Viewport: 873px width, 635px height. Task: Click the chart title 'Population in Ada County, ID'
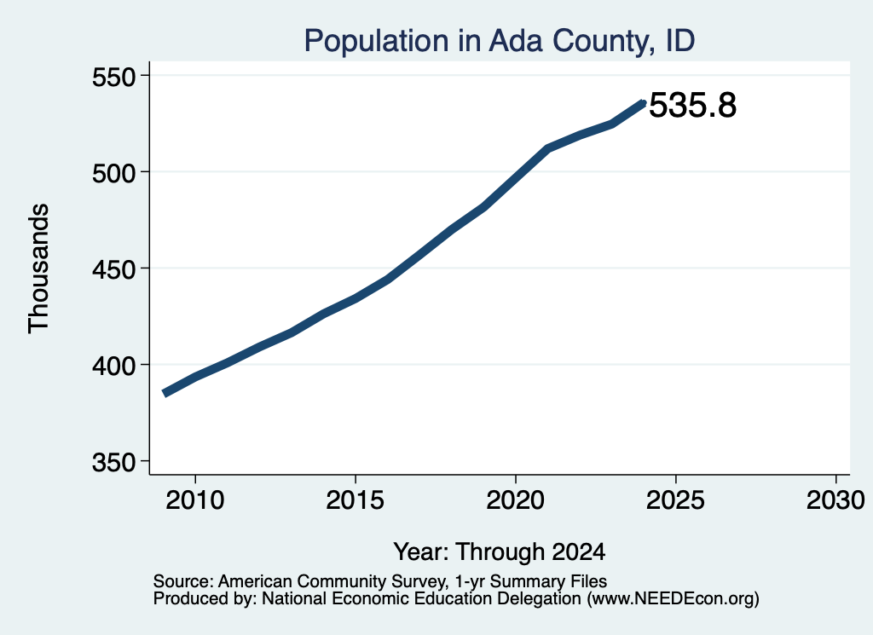point(500,41)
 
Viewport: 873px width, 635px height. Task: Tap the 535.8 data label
point(692,105)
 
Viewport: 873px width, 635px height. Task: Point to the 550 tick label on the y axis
point(113,77)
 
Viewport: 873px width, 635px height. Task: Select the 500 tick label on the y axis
point(113,173)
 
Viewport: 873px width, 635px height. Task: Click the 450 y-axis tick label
point(113,269)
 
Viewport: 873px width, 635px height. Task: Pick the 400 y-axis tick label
point(113,366)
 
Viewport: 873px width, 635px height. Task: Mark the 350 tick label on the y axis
point(113,462)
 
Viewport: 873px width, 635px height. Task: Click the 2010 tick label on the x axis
point(195,499)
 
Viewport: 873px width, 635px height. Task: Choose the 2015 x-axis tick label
point(356,499)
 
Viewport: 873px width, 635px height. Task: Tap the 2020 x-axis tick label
point(516,499)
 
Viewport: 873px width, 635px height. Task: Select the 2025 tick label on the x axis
point(675,499)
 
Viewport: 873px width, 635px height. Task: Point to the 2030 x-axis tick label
point(835,499)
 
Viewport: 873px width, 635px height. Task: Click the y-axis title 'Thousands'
point(39,268)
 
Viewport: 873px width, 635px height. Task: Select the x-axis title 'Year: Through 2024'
point(500,552)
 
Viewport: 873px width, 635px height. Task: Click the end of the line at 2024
point(644,103)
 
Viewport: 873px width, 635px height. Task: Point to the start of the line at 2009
point(165,393)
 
